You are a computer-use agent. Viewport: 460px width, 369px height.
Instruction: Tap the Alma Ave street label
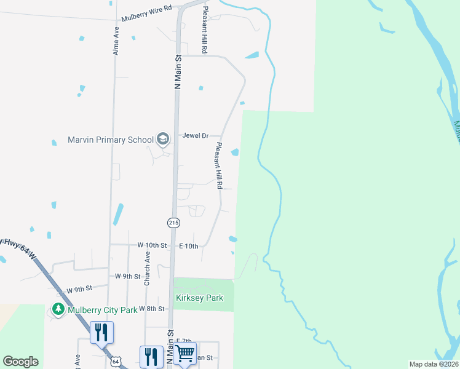(x=116, y=41)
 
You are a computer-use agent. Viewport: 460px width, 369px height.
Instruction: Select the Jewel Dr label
(x=196, y=135)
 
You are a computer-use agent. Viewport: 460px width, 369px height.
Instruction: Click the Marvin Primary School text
(x=111, y=140)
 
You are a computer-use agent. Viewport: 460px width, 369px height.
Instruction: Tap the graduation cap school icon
(x=163, y=139)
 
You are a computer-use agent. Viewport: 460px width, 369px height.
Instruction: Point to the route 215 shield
(x=173, y=221)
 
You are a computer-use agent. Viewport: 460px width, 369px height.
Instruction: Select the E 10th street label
(x=189, y=246)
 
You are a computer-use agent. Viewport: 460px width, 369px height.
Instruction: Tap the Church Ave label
(x=147, y=268)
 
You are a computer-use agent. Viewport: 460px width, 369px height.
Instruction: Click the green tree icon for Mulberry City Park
(x=58, y=309)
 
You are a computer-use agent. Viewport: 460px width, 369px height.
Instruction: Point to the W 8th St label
(x=152, y=308)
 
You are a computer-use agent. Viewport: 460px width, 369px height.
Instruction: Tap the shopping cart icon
(x=184, y=354)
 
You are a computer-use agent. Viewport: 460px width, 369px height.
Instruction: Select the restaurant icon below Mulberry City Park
(x=102, y=332)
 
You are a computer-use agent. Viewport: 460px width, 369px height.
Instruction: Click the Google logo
(x=21, y=361)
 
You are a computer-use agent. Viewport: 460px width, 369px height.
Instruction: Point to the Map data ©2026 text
(x=434, y=364)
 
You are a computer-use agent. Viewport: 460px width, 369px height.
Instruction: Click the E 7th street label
(x=184, y=341)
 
